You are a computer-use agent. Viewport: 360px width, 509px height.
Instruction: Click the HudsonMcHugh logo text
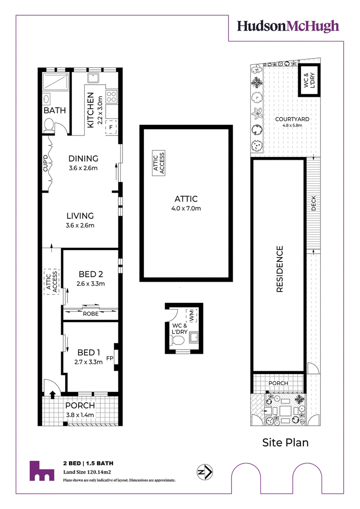coord(288,27)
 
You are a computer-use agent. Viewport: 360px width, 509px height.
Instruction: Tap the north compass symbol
coord(205,472)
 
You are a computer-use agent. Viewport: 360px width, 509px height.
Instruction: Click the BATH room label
coord(54,110)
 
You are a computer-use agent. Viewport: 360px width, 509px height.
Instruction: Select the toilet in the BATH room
coord(49,125)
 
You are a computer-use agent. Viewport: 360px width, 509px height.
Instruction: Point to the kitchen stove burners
coord(111,97)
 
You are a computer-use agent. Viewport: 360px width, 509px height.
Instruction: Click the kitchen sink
coord(93,78)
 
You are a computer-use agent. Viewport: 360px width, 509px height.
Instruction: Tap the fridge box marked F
coord(111,127)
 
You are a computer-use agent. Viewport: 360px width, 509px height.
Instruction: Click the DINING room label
coord(83,158)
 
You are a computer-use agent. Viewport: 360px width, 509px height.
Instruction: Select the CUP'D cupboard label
coord(45,163)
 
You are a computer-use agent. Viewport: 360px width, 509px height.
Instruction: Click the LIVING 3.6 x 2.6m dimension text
coord(80,225)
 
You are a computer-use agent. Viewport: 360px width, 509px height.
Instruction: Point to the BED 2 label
coord(90,274)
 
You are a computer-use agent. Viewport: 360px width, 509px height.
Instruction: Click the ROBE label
coord(90,314)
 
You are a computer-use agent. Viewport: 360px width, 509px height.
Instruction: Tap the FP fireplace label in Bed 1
coord(110,358)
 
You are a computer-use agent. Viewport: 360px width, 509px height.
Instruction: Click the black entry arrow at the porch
coord(52,394)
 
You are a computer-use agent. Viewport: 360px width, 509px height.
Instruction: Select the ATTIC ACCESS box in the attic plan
coord(159,163)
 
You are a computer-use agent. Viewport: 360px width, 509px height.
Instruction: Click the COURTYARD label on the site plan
coord(292,119)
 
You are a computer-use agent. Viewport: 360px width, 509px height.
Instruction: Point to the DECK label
coord(314,203)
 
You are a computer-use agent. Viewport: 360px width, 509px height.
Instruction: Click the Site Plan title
coord(285,442)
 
